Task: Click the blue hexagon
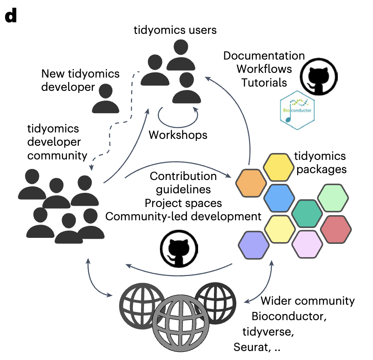point(279,198)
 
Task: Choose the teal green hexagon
point(307,213)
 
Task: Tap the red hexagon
point(336,228)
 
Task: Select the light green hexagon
point(333,198)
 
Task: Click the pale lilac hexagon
point(307,244)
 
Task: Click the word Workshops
point(178,135)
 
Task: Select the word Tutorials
point(264,82)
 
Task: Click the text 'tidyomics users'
point(175,30)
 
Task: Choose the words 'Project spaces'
point(183,202)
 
